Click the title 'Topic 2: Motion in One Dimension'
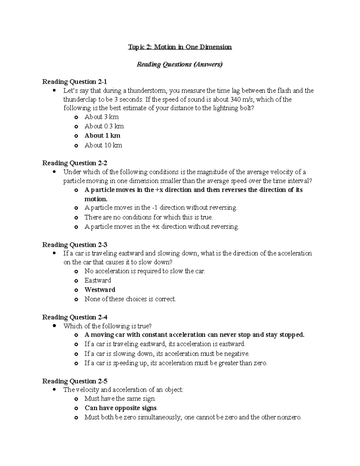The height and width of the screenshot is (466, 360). [180, 47]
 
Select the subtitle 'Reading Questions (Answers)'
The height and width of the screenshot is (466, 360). [180, 65]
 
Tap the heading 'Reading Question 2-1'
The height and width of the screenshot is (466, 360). [74, 82]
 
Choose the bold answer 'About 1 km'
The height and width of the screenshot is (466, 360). [102, 136]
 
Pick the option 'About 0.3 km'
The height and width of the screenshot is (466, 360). [104, 126]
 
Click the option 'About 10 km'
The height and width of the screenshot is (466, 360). [103, 145]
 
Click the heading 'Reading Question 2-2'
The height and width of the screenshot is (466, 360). [74, 163]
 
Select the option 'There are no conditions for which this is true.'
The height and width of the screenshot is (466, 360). [148, 217]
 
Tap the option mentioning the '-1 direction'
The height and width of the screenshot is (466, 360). [161, 208]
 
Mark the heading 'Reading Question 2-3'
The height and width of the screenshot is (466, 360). [74, 245]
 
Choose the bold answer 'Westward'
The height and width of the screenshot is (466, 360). [100, 290]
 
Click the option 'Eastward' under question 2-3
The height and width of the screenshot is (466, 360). [97, 281]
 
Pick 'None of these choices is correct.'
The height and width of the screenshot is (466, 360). [130, 299]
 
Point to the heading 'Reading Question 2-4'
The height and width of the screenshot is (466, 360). [74, 317]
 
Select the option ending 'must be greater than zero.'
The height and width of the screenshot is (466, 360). [175, 363]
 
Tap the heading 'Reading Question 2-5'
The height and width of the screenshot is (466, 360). [74, 381]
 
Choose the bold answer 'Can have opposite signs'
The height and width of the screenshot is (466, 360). [121, 408]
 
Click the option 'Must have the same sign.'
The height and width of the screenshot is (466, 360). [120, 399]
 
